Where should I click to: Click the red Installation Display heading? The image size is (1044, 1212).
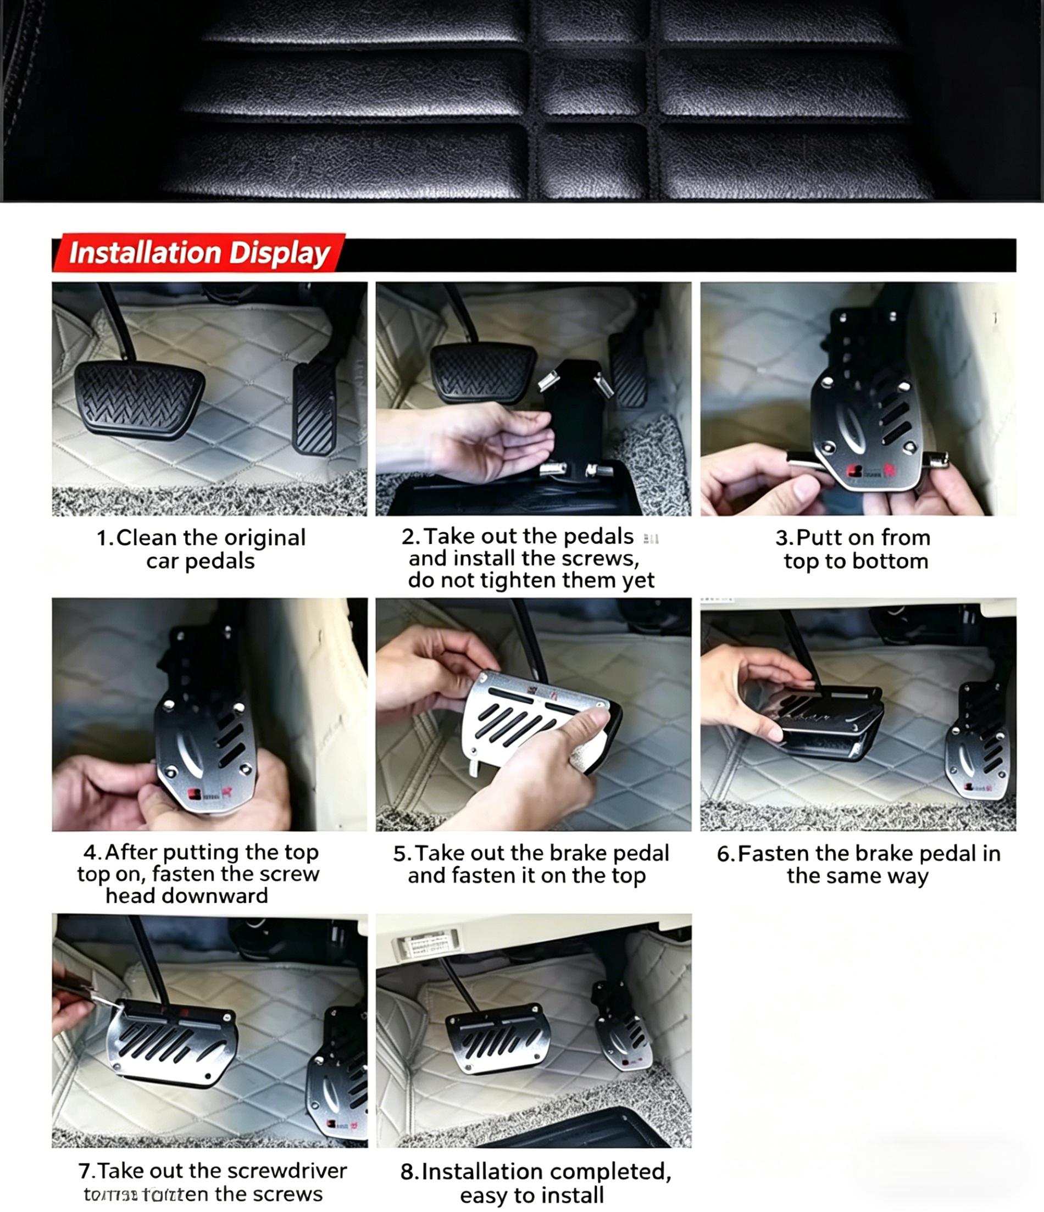click(x=199, y=253)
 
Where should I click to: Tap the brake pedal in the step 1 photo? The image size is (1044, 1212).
click(x=138, y=399)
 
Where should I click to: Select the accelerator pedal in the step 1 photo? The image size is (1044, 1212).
click(x=315, y=408)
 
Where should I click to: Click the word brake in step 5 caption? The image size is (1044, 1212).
click(x=577, y=853)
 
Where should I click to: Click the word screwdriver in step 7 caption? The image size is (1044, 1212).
click(x=287, y=1171)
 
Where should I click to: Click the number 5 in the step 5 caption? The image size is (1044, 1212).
click(x=399, y=854)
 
